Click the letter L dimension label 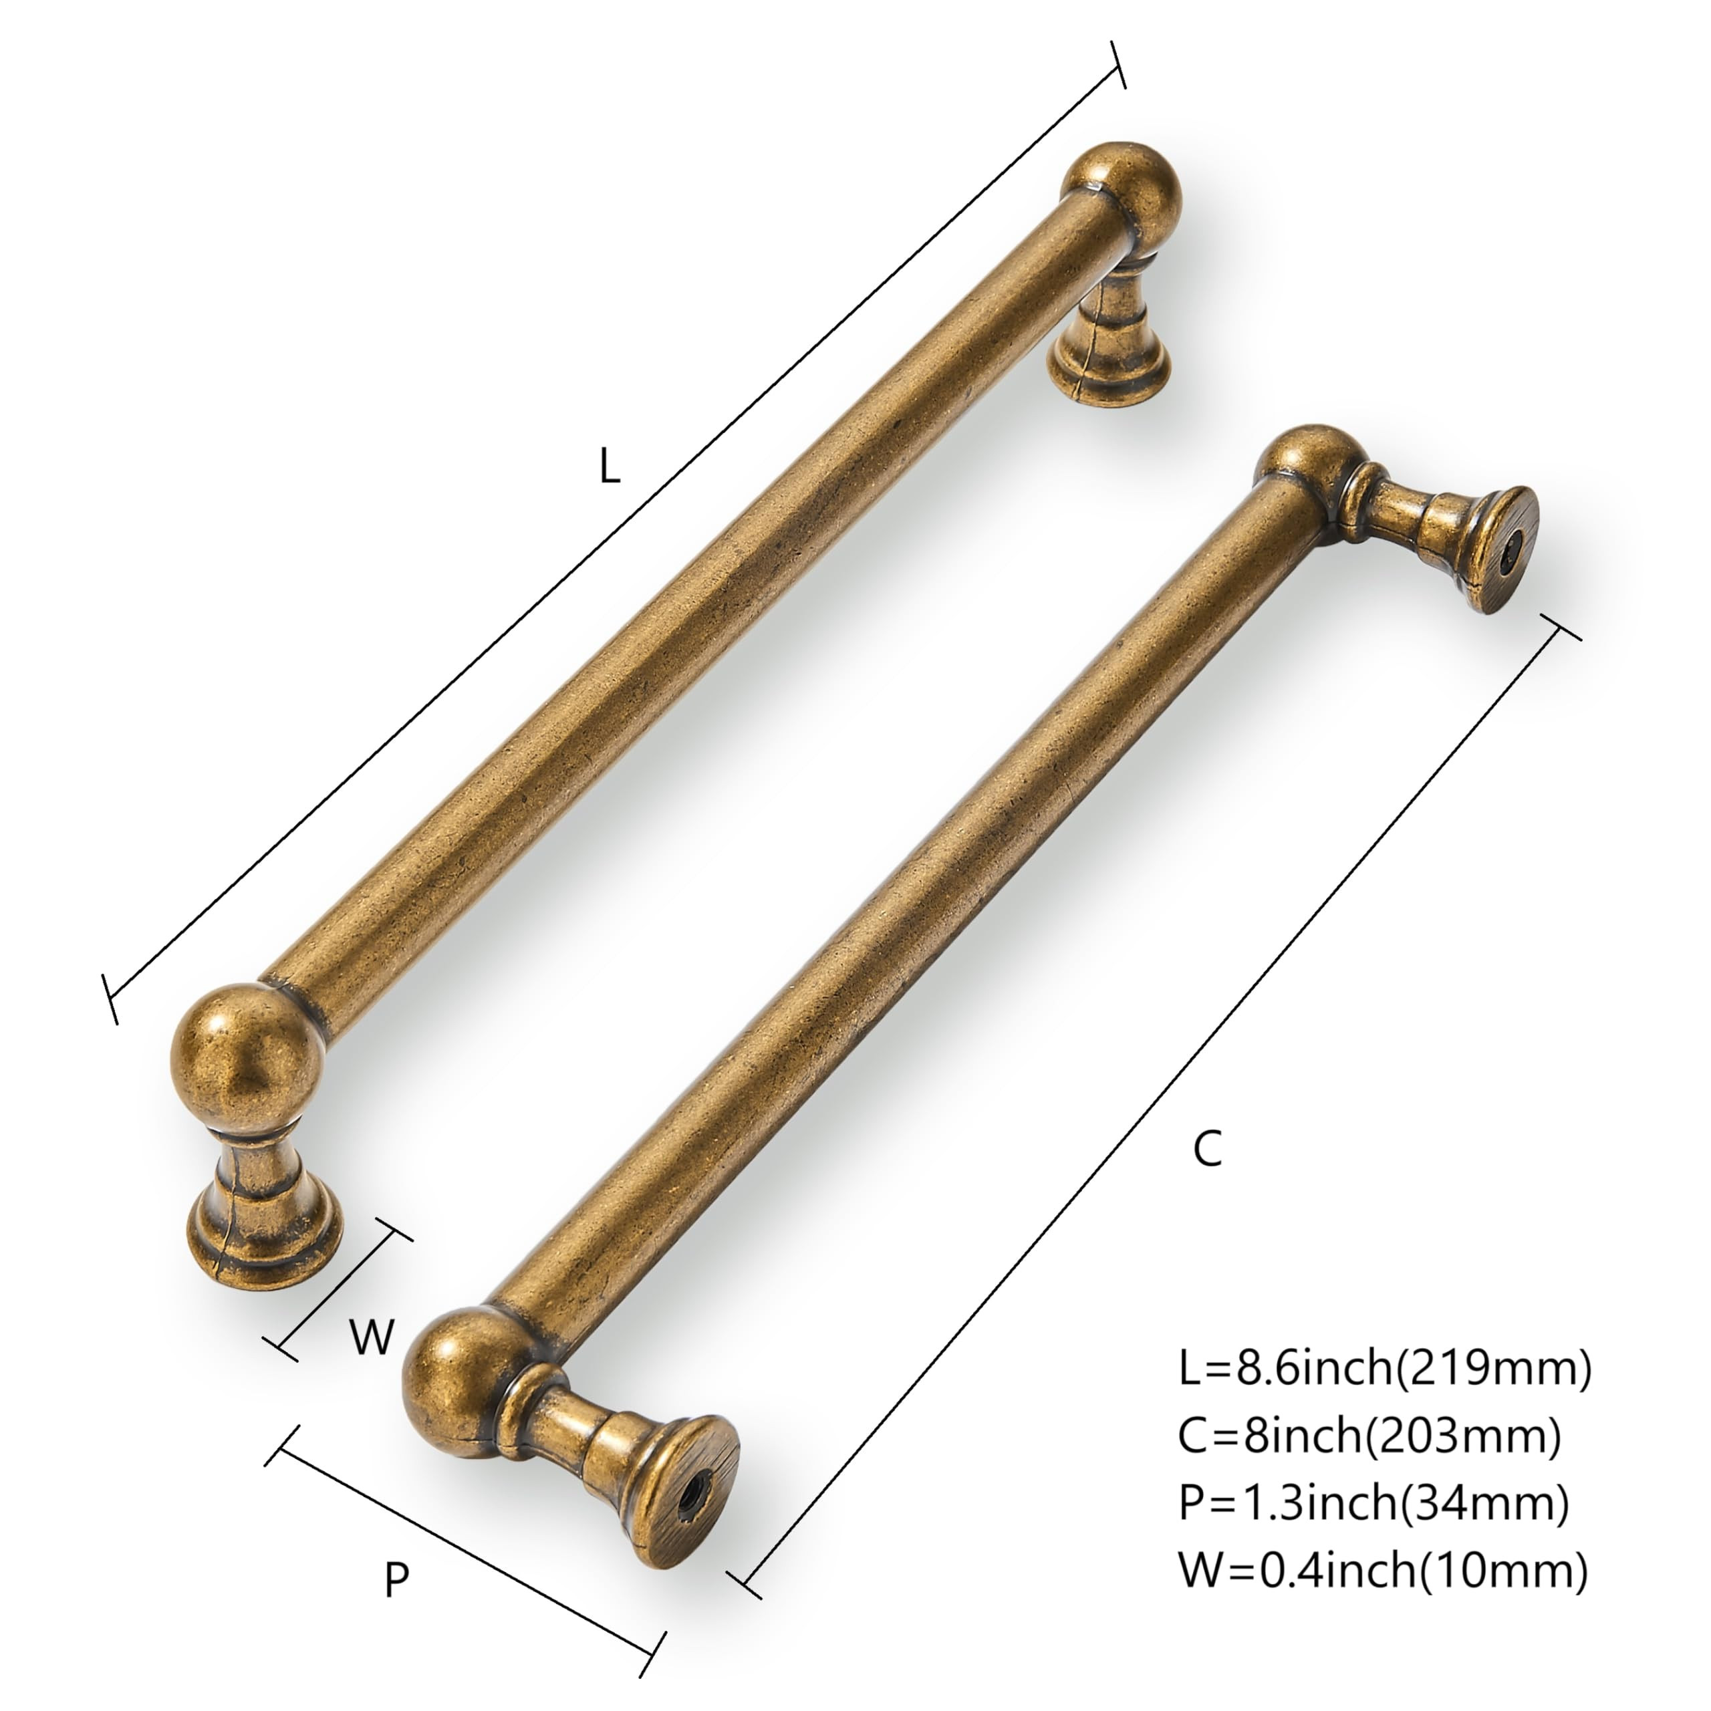[610, 465]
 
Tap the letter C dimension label [1207, 1150]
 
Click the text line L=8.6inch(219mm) [1384, 1368]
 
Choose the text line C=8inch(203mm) [1368, 1436]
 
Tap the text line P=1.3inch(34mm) [1373, 1503]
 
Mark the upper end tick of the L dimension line [1117, 65]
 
